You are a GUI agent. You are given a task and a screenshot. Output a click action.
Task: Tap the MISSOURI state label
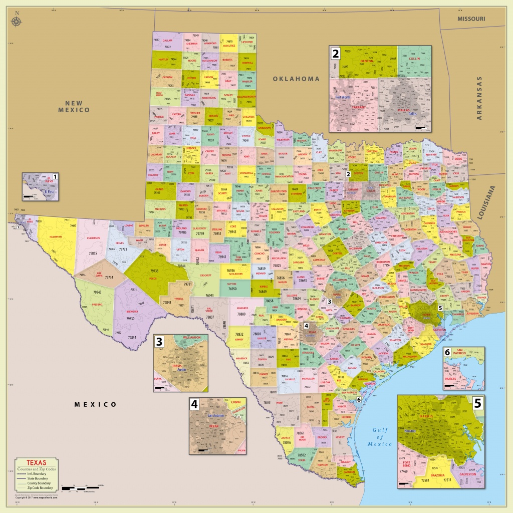pyautogui.click(x=471, y=18)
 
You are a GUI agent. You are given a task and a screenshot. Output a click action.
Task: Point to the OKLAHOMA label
pyautogui.click(x=296, y=79)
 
